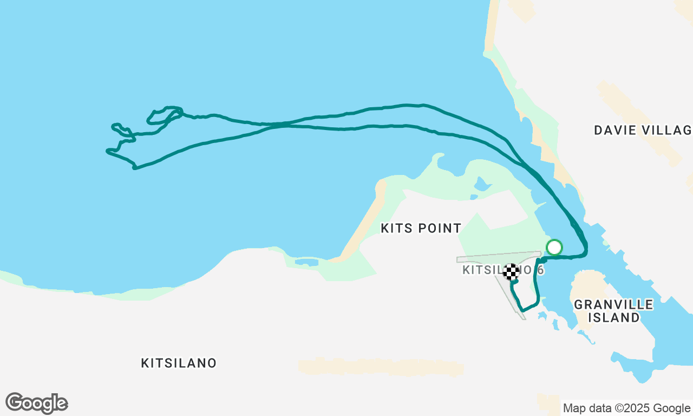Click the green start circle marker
554,247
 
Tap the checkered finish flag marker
511,271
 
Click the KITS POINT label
421,229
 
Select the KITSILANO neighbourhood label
179,363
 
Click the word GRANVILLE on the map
613,304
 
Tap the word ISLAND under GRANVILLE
613,318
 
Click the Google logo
36,404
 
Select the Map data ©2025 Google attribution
626,408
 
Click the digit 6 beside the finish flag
540,270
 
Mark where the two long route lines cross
279,125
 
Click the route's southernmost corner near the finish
522,310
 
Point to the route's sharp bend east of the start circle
585,253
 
